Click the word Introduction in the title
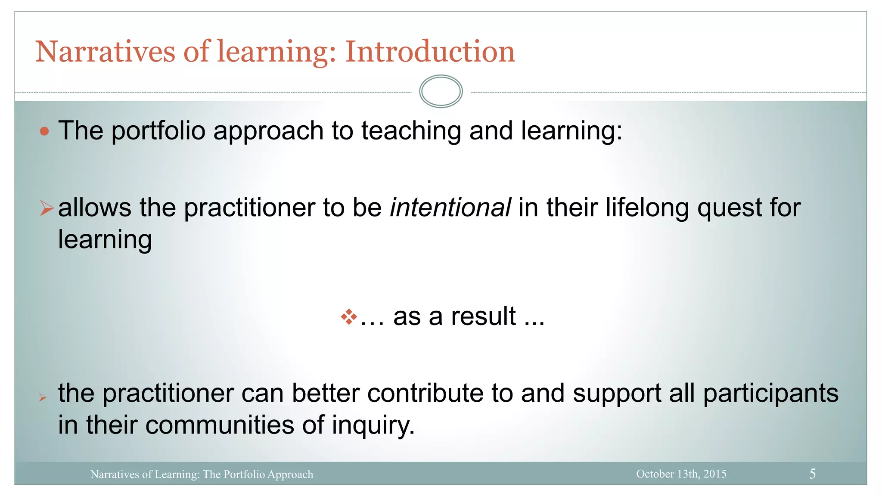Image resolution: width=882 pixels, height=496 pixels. (x=430, y=52)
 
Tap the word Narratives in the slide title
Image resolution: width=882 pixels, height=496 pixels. (x=105, y=52)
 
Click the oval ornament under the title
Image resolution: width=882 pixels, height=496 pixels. (x=441, y=91)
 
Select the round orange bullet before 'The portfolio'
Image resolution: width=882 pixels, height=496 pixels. (x=44, y=131)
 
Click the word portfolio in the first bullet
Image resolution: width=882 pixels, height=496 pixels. (x=158, y=131)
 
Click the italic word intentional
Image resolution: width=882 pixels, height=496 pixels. (x=450, y=208)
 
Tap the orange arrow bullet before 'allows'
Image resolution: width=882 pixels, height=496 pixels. (x=46, y=208)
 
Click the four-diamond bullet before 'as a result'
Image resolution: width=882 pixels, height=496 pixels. (x=349, y=317)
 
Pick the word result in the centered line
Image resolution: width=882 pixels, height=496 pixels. (x=483, y=316)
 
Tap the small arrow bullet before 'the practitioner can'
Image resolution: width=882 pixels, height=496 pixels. (x=42, y=397)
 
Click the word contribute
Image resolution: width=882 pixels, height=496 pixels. (x=425, y=394)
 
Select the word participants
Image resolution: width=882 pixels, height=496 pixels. (x=770, y=394)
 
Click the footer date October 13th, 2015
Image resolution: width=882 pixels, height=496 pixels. (x=681, y=474)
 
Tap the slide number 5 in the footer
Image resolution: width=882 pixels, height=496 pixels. (x=812, y=474)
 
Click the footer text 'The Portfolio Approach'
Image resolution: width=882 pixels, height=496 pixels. (x=258, y=474)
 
